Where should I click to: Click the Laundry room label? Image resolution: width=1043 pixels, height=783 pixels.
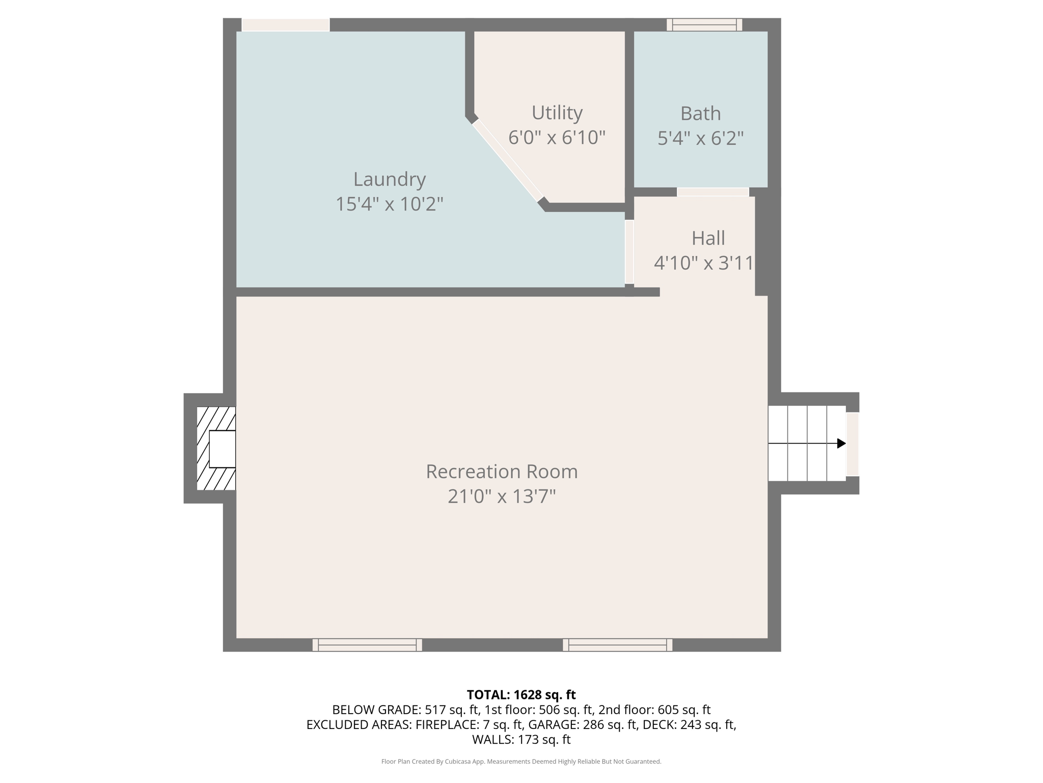pos(390,179)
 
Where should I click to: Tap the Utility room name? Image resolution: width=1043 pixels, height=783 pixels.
pos(557,113)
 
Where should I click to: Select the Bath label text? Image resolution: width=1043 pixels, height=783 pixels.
pos(701,114)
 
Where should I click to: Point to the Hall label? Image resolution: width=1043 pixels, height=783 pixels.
pos(708,238)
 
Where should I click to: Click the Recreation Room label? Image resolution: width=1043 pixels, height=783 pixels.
pos(502,472)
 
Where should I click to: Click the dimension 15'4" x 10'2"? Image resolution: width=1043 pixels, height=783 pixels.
pos(390,204)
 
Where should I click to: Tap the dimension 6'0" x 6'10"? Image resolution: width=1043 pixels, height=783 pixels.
pos(557,138)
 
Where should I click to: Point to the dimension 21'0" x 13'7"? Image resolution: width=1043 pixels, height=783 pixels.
pos(502,497)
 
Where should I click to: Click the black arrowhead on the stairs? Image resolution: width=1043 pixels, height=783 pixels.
pos(842,443)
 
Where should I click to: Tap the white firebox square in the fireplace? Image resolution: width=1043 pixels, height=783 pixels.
pos(223,449)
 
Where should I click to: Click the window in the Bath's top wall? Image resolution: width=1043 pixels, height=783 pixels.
pos(704,24)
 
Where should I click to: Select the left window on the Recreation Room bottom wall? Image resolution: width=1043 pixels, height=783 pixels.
pos(367,645)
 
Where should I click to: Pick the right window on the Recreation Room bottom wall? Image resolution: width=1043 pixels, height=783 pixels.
pos(617,645)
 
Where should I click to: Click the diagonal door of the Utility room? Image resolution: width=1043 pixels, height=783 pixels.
pos(508,161)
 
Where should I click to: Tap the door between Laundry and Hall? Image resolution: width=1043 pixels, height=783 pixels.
pos(629,252)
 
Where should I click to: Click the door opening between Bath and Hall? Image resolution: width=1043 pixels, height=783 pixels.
pos(712,192)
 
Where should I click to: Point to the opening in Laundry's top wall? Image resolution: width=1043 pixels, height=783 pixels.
pos(286,25)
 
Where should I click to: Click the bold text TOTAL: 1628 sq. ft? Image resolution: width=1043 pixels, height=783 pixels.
pos(521,695)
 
